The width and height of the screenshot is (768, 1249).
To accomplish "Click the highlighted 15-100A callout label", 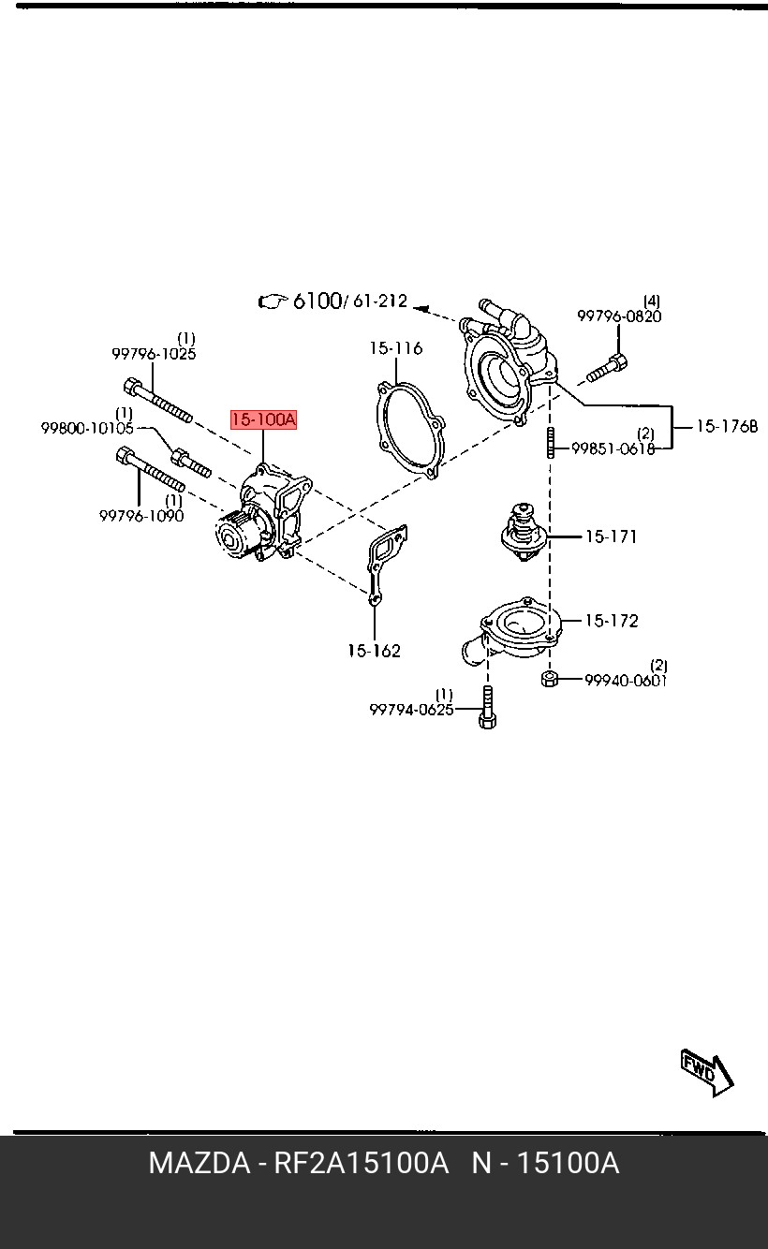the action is (264, 419).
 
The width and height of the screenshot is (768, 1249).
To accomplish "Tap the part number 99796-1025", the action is (154, 354).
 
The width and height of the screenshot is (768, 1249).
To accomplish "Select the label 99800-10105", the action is (87, 428).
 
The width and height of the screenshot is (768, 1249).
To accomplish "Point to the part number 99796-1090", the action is (141, 516).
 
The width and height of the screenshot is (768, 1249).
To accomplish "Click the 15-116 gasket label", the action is (396, 348).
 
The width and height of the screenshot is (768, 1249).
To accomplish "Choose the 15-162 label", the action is (375, 651).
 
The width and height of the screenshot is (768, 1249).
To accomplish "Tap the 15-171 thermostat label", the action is (612, 536).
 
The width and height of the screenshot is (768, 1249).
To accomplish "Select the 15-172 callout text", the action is (612, 621).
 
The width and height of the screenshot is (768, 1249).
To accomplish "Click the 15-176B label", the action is (727, 427).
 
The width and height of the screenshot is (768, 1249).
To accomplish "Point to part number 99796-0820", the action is (620, 316).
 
